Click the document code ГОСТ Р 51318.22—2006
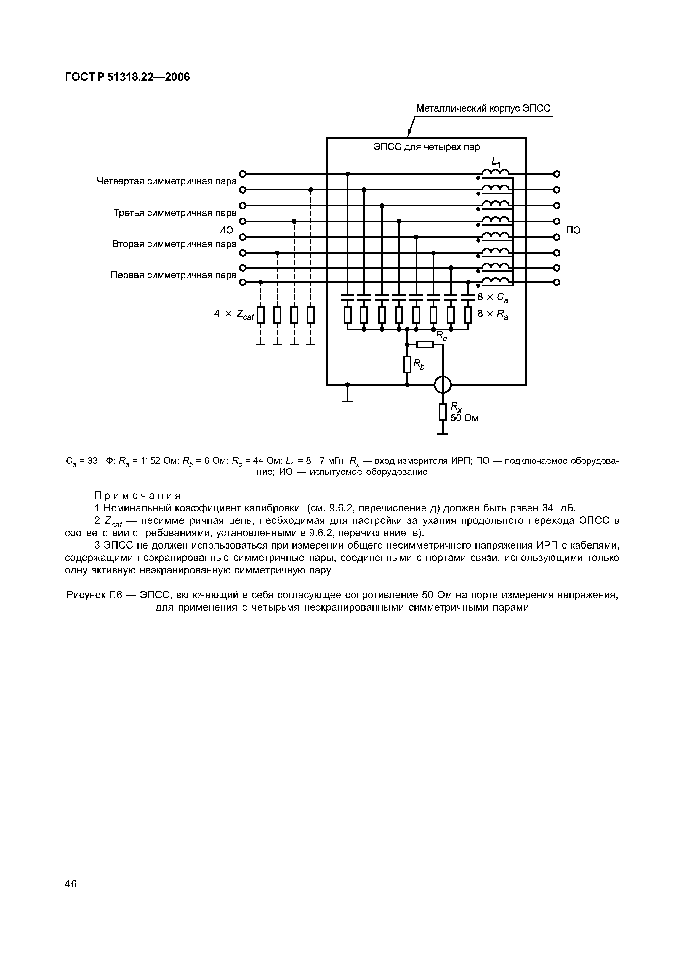[x=127, y=77]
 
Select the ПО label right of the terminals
[x=573, y=230]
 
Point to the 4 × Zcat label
[x=234, y=314]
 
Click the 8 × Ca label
[x=493, y=298]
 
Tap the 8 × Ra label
[x=493, y=314]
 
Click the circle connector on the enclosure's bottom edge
[x=443, y=385]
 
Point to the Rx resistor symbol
[x=443, y=412]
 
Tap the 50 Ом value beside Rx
[x=464, y=418]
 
